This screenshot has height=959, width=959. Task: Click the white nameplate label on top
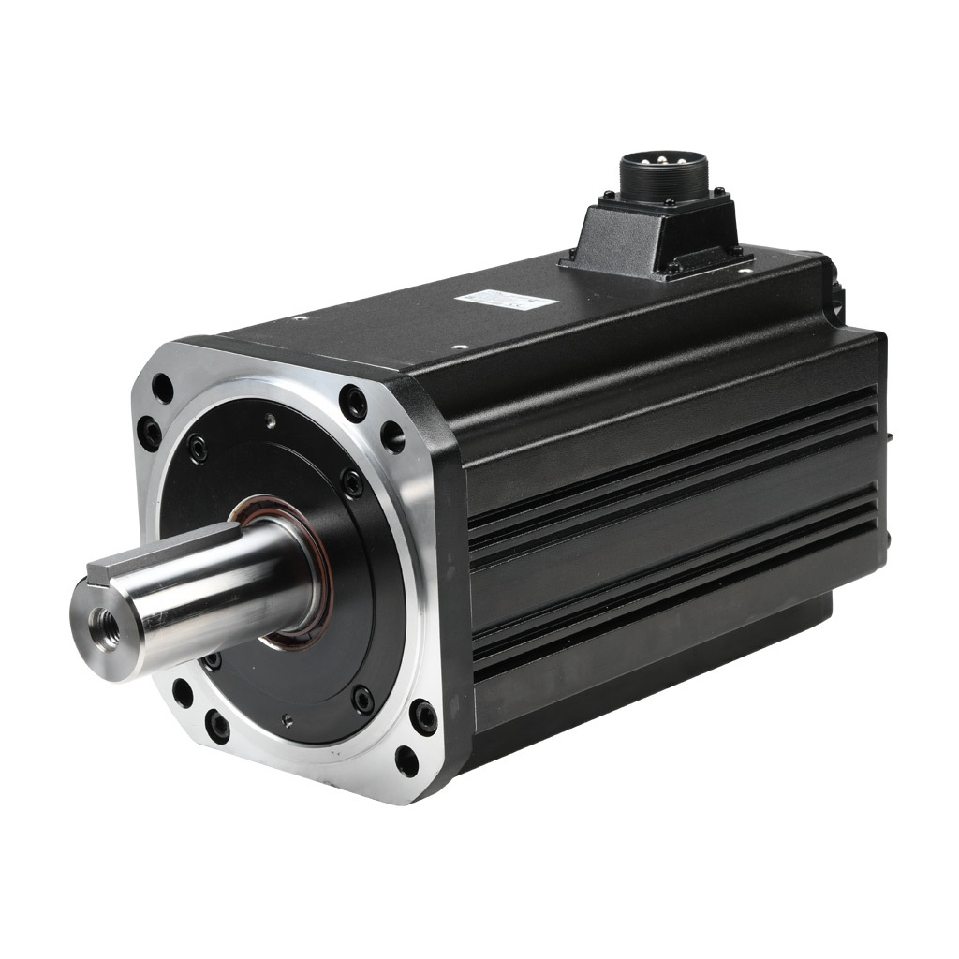(x=505, y=299)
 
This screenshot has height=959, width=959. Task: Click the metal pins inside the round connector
(x=662, y=161)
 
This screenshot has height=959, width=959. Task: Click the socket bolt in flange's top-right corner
(x=353, y=402)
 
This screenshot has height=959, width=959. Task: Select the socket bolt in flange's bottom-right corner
(x=424, y=717)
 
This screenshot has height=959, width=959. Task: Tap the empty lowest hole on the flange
(x=406, y=760)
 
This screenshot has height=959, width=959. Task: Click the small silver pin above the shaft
(x=270, y=421)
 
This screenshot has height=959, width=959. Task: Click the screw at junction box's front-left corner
(x=571, y=256)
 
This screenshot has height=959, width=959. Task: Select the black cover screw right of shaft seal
(x=352, y=483)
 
